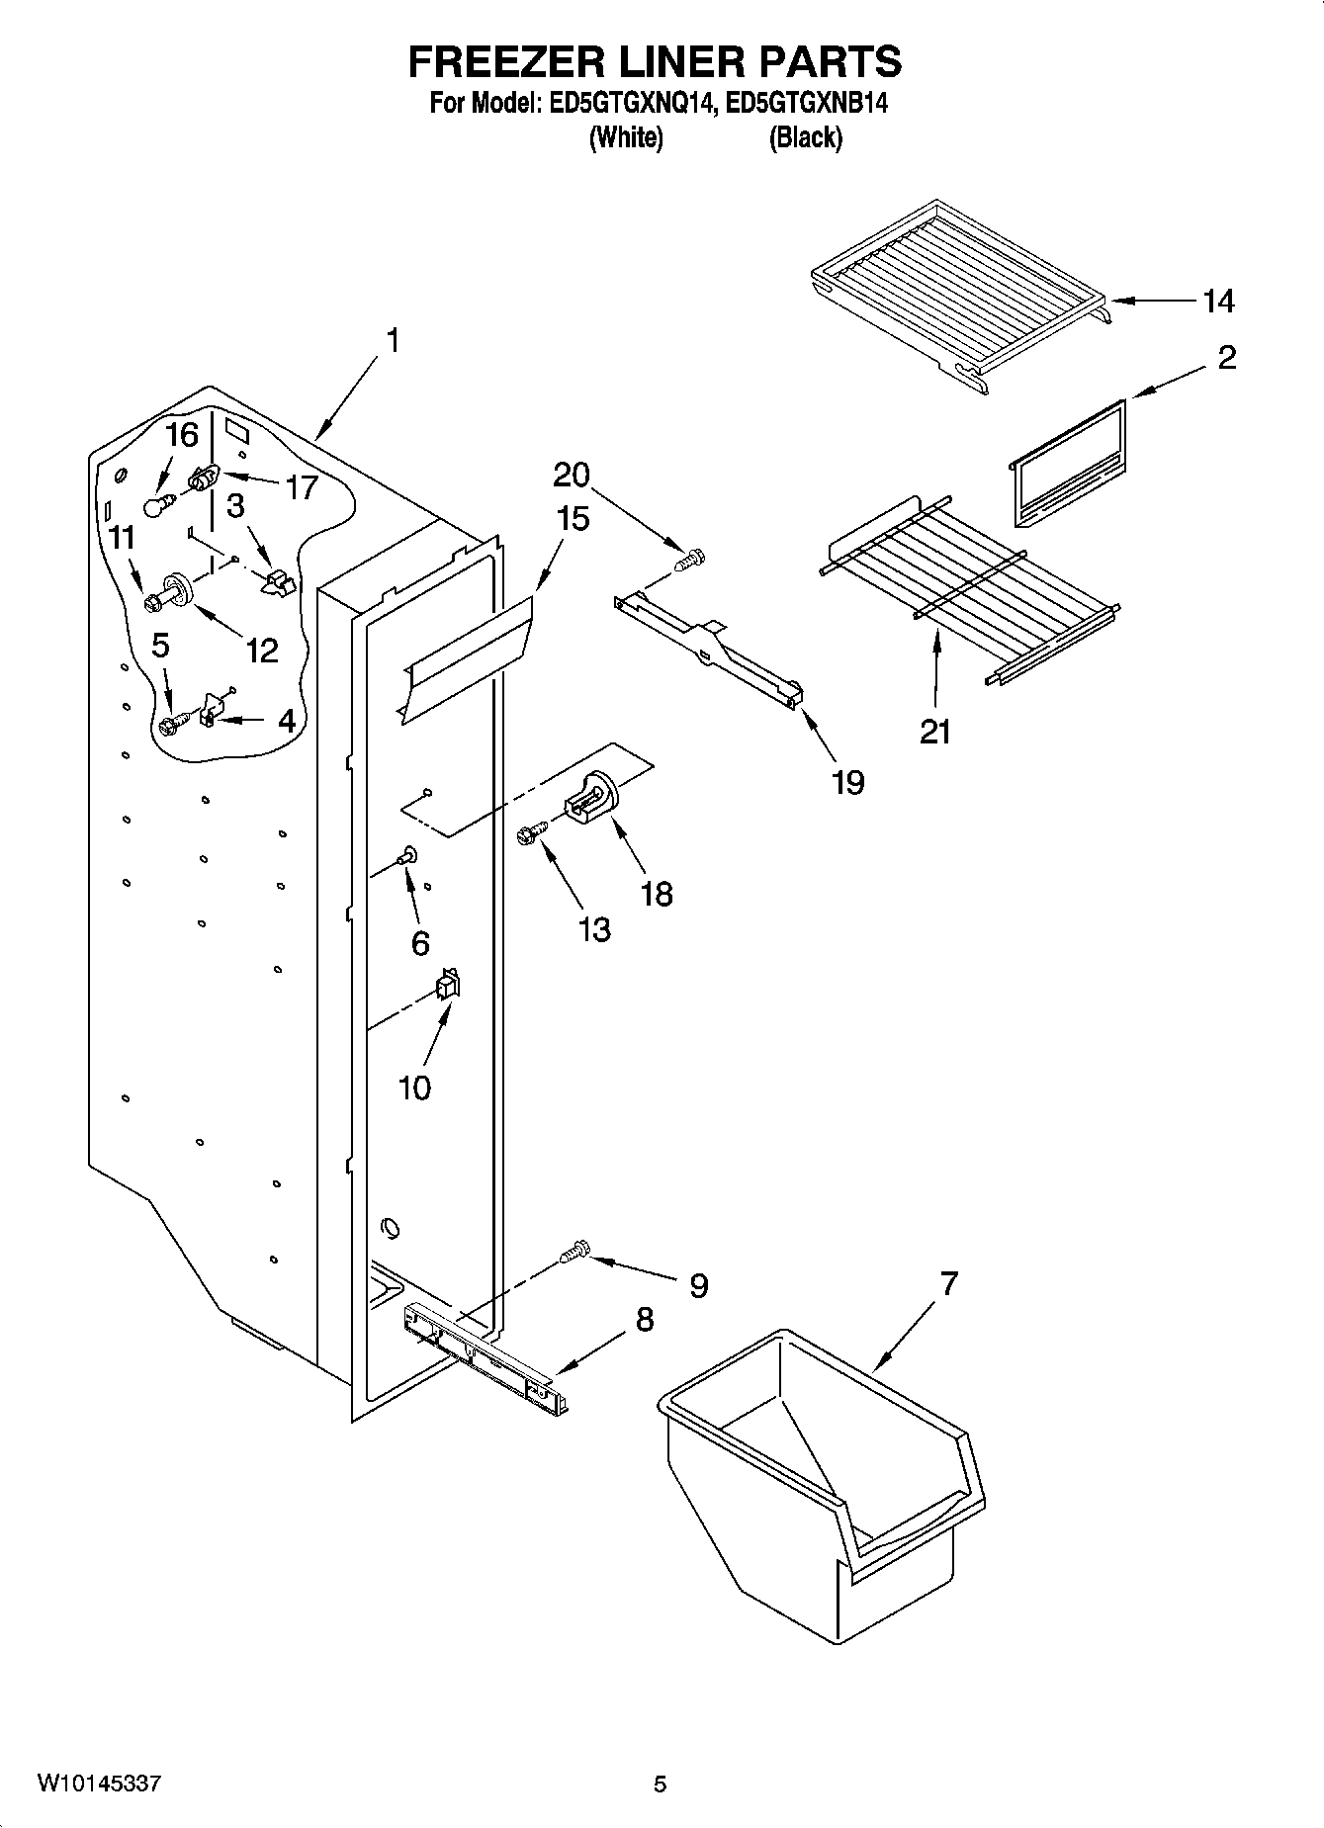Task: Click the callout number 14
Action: pyautogui.click(x=1218, y=302)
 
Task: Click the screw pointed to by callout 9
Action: pyautogui.click(x=574, y=1254)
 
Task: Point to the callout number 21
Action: pyautogui.click(x=935, y=732)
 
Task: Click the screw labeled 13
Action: pyautogui.click(x=531, y=836)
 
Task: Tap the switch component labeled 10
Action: pyautogui.click(x=448, y=985)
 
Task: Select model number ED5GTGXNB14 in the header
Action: pyautogui.click(x=806, y=104)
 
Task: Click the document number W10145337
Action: pyautogui.click(x=99, y=1784)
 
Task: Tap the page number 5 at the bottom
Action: pyautogui.click(x=660, y=1784)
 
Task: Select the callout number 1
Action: pyautogui.click(x=393, y=341)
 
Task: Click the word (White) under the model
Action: pyautogui.click(x=625, y=138)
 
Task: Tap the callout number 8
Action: pyautogui.click(x=644, y=1319)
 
